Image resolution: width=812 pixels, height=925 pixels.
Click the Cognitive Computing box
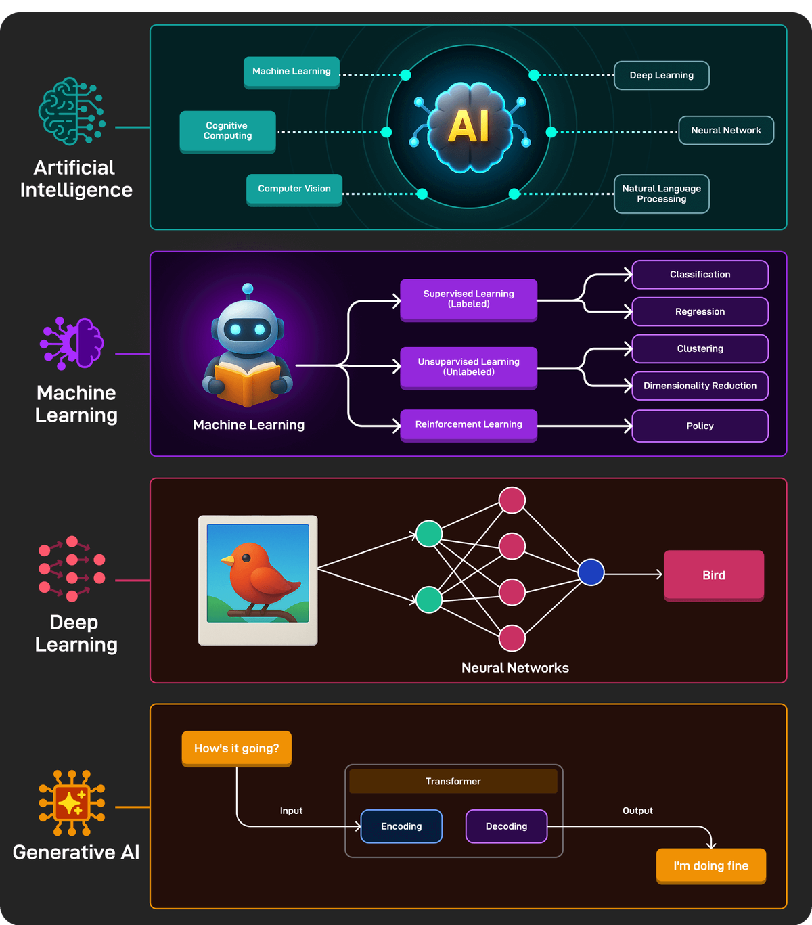click(227, 131)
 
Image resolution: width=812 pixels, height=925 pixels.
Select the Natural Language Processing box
click(661, 194)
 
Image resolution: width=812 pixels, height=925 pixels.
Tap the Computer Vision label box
click(294, 189)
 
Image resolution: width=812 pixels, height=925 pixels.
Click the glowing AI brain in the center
click(469, 127)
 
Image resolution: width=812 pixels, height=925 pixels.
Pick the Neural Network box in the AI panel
click(725, 131)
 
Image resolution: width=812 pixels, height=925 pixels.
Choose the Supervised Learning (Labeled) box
click(468, 299)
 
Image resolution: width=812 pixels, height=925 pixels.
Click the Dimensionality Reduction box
click(700, 386)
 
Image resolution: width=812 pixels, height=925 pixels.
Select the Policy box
click(700, 426)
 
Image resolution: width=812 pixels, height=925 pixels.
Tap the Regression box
click(700, 311)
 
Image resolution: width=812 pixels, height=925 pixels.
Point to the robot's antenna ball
click(248, 288)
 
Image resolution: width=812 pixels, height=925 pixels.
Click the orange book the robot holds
click(247, 382)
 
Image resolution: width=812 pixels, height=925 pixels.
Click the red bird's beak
click(227, 560)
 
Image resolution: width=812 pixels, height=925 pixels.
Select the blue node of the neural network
click(591, 572)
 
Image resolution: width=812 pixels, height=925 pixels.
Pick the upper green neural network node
click(428, 533)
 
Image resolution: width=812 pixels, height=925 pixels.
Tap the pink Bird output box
click(713, 575)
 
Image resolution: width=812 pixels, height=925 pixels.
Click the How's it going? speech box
click(236, 748)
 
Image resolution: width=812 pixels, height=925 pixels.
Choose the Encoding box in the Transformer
click(401, 826)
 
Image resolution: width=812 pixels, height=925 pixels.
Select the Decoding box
click(506, 826)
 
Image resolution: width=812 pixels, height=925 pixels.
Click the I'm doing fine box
click(710, 866)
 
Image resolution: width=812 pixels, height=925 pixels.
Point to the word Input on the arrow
click(291, 811)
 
